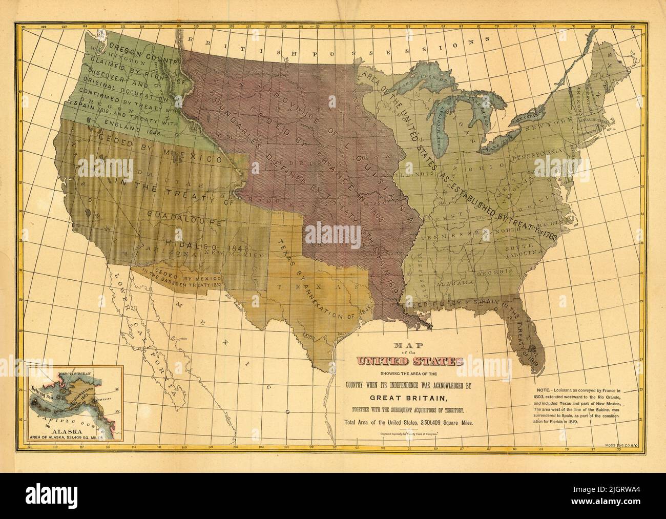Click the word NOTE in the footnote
(539, 390)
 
